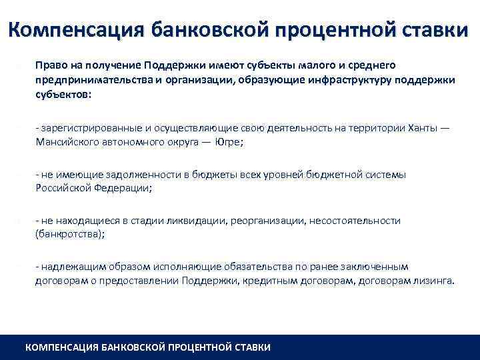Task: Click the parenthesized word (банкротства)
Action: (x=69, y=235)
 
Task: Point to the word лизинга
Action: (x=435, y=281)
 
